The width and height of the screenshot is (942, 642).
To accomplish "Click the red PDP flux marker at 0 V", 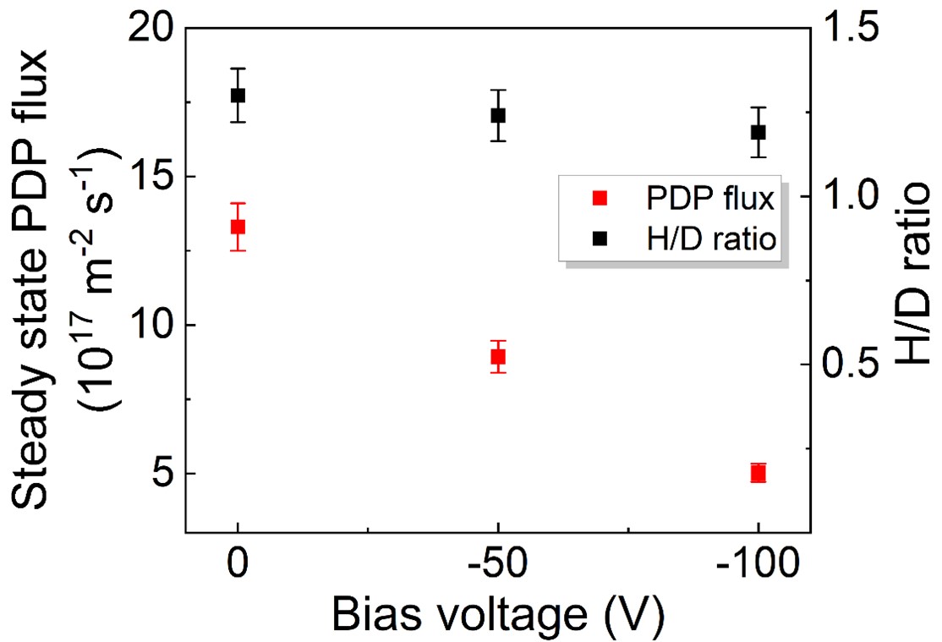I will (238, 227).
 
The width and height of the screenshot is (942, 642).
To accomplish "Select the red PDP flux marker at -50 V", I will (498, 357).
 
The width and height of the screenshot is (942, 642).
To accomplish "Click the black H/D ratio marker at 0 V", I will (238, 95).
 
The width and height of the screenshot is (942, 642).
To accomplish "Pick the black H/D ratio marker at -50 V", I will (498, 115).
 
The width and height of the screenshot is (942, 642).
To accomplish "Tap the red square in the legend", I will (600, 200).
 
